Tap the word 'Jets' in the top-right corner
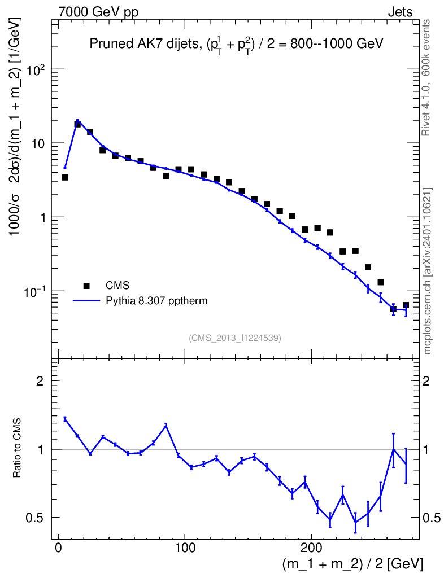pyautogui.click(x=400, y=12)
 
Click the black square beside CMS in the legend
pyautogui.click(x=86, y=286)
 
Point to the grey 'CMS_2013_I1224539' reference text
pyautogui.click(x=235, y=338)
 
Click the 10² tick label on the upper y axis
pyautogui.click(x=36, y=70)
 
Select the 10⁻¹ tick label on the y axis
pyautogui.click(x=34, y=292)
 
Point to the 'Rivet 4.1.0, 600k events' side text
pyautogui.click(x=427, y=77)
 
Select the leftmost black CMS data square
pyautogui.click(x=65, y=177)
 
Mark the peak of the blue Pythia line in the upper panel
pyautogui.click(x=77, y=120)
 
